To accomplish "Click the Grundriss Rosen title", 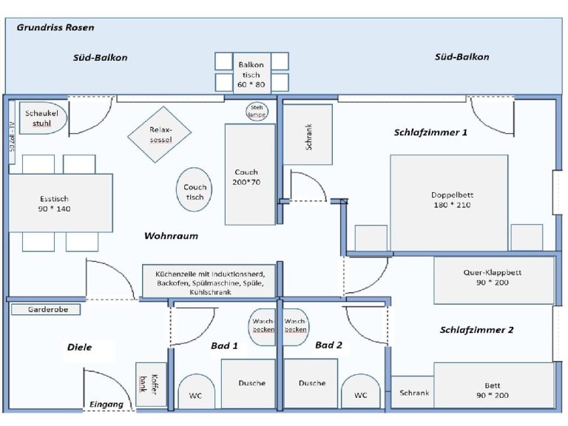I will pyautogui.click(x=55, y=27).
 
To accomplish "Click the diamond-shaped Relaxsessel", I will pyautogui.click(x=159, y=134).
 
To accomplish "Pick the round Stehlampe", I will pyautogui.click(x=257, y=112).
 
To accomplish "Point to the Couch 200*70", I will pyautogui.click(x=250, y=175).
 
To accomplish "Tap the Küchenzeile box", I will pyautogui.click(x=210, y=282).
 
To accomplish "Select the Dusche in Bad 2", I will pyautogui.click(x=311, y=383).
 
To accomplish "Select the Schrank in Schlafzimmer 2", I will pyautogui.click(x=413, y=393).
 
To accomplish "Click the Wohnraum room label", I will pyautogui.click(x=171, y=237).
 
